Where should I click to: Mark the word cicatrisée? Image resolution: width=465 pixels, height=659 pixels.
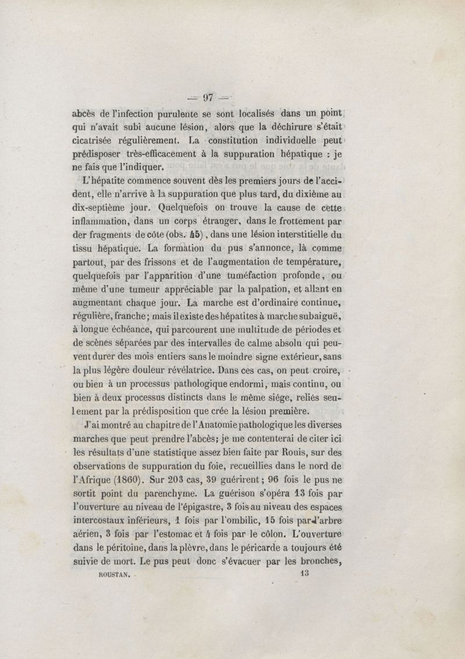(96, 140)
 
